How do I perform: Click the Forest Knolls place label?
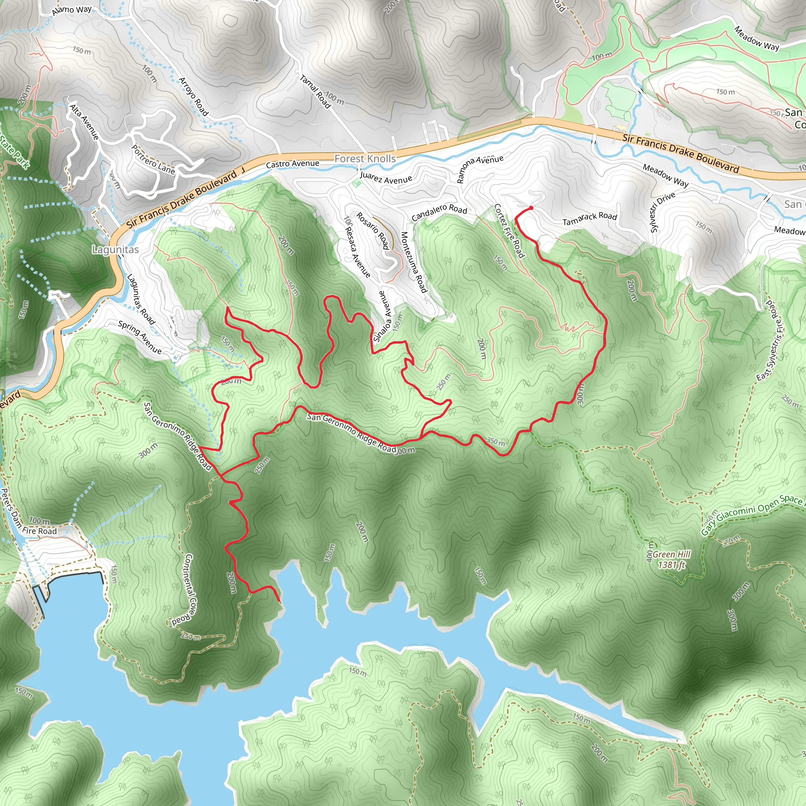pos(365,159)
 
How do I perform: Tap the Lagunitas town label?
pos(115,250)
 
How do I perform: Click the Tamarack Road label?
pos(590,218)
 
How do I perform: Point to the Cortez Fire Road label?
pos(509,231)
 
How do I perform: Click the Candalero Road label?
pos(439,213)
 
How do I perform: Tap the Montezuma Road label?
pos(414,263)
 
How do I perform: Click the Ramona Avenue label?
pos(480,168)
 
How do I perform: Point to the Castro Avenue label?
pos(292,164)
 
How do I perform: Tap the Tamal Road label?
pos(315,91)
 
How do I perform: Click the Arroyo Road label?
pos(194,96)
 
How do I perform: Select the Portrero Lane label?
pos(153,159)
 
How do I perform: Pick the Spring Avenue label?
pos(139,336)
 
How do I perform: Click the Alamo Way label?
pos(72,10)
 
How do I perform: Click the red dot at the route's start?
pos(531,208)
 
